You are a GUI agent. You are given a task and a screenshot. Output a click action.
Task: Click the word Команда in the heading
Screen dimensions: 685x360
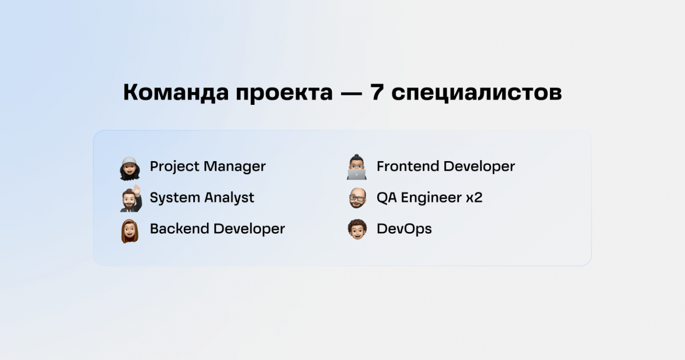tap(176, 92)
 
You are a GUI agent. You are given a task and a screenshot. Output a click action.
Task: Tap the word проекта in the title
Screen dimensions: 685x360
tap(284, 93)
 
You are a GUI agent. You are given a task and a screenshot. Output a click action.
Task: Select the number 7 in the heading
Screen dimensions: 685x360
tap(377, 92)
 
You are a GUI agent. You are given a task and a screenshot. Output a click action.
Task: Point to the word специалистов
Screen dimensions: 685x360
tap(476, 93)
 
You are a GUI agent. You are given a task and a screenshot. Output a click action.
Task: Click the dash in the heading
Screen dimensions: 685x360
tap(351, 93)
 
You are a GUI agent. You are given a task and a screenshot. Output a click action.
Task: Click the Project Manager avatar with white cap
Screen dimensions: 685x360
tap(130, 169)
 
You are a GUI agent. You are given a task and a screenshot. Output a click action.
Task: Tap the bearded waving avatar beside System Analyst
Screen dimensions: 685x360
tap(131, 198)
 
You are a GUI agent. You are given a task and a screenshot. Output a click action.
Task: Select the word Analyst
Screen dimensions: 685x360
tap(230, 198)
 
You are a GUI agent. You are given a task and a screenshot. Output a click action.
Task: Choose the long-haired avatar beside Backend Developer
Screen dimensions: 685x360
tap(130, 231)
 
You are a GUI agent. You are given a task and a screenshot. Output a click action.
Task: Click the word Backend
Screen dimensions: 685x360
tap(179, 229)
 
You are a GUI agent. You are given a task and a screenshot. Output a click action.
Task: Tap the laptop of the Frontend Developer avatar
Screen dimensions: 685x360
tap(357, 174)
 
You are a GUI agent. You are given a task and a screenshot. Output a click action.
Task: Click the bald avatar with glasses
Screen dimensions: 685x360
tap(357, 198)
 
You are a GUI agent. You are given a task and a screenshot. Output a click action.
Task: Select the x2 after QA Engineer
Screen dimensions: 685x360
tap(474, 197)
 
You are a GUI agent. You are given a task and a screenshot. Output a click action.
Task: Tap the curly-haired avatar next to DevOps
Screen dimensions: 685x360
tap(357, 229)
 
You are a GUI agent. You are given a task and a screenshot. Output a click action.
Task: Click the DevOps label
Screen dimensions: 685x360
tap(404, 229)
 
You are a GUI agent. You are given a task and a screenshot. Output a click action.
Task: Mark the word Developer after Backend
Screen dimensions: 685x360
tap(249, 229)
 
